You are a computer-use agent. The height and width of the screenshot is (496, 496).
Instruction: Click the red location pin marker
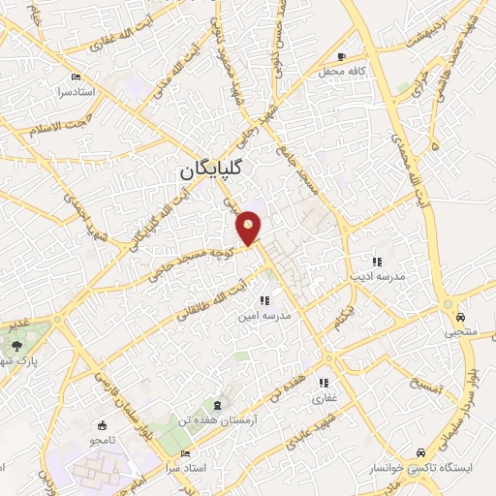tap(249, 228)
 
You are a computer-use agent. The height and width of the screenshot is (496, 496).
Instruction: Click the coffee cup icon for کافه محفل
tap(341, 56)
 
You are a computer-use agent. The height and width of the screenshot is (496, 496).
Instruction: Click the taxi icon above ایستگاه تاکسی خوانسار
tap(418, 452)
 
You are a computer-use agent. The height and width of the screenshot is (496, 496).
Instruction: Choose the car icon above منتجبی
tap(460, 318)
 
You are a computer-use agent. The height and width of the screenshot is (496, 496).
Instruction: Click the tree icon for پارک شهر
tap(16, 346)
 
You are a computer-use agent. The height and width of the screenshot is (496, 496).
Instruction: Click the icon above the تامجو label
tap(102, 424)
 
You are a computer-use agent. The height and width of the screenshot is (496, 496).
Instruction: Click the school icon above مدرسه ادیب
tap(378, 262)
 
